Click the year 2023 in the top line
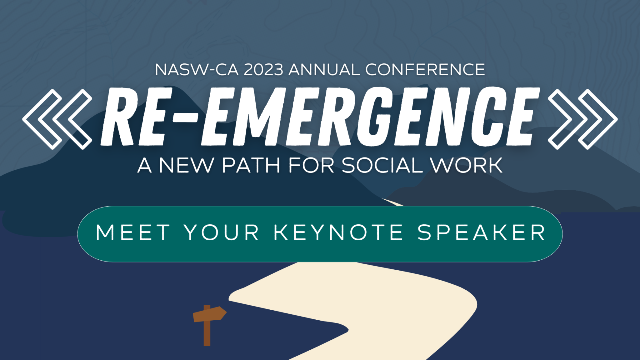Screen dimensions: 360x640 coord(263,69)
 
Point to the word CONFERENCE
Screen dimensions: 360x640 coord(425,69)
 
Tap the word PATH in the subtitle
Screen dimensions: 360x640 coord(251,165)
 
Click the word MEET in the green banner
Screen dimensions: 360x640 coord(133,233)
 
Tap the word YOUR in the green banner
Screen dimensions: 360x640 coord(222,233)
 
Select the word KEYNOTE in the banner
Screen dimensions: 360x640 coord(338,233)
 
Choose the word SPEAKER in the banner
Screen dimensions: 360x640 coord(481,233)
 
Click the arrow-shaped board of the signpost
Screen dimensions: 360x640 coord(209,314)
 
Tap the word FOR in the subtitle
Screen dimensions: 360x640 coord(311,165)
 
